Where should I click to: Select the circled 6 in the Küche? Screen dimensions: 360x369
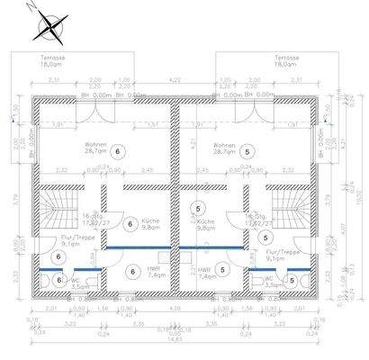click(131, 222)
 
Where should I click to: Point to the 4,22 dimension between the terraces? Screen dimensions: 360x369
click(175, 80)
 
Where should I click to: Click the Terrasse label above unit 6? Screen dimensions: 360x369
click(53, 59)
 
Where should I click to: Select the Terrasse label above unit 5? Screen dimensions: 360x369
click(289, 59)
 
